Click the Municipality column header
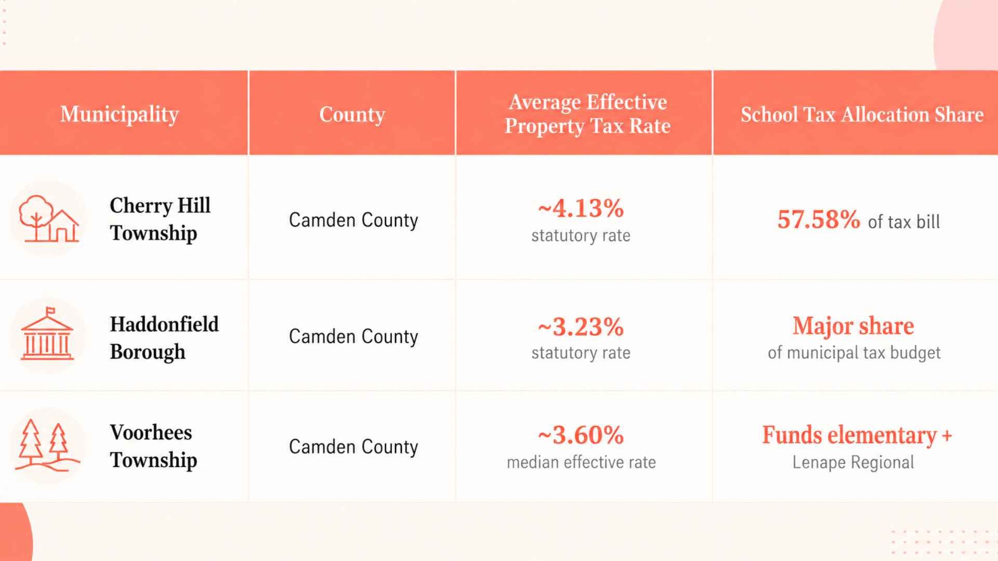click(119, 114)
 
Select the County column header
click(352, 114)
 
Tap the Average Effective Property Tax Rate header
click(587, 114)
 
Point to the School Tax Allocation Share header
click(862, 114)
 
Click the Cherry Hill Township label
click(160, 219)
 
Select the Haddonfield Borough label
click(164, 338)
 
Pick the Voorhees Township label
click(153, 446)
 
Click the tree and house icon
click(48, 218)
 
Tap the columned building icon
click(47, 333)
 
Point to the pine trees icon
click(47, 445)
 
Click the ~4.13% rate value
click(581, 208)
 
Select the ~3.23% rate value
click(581, 327)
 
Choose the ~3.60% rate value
click(581, 435)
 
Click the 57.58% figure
click(819, 219)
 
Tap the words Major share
click(853, 326)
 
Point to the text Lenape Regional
click(853, 462)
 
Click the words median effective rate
click(581, 462)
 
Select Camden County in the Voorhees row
click(353, 447)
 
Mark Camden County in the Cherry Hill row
click(353, 220)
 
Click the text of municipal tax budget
click(854, 353)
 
